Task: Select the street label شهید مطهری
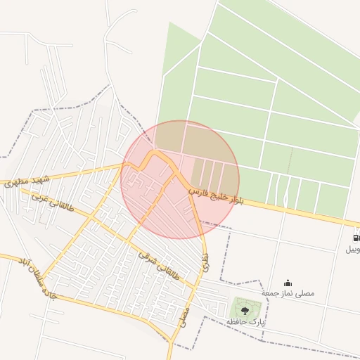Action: click(26, 181)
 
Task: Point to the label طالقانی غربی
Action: click(53, 202)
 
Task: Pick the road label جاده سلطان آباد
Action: click(27, 274)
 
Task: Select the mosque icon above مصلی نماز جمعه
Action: click(288, 283)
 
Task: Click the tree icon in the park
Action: click(245, 309)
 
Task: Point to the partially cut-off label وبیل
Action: click(352, 250)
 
